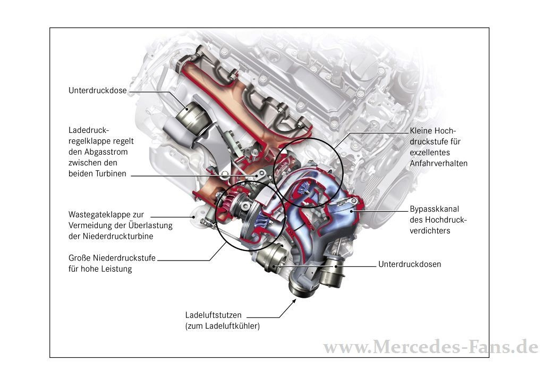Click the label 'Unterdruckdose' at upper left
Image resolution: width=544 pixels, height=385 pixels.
97,90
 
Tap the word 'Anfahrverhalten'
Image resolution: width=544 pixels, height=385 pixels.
438,163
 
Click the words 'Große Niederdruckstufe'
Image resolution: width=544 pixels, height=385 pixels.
112,258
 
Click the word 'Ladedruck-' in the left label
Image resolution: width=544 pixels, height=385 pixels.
88,130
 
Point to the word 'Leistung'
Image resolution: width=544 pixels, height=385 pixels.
117,269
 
